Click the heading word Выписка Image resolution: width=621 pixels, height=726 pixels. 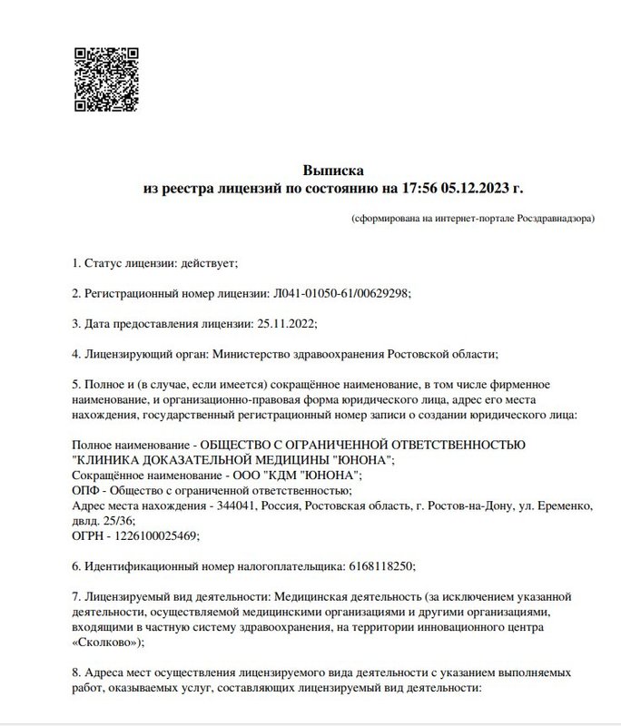(x=333, y=170)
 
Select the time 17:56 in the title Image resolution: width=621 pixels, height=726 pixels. (x=420, y=189)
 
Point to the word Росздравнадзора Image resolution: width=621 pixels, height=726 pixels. (x=556, y=220)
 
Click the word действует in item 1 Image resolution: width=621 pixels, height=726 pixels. (x=208, y=263)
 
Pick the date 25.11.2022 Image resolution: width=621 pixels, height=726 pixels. (x=287, y=323)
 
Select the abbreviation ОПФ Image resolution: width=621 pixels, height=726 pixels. (x=84, y=490)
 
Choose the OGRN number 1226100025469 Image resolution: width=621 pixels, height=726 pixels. (x=155, y=535)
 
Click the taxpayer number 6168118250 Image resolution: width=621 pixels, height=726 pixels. (x=380, y=565)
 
